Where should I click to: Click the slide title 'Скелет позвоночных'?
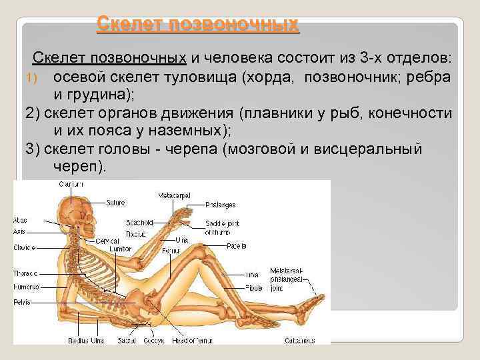pyautogui.click(x=197, y=25)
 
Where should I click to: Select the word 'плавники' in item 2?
pyautogui.click(x=276, y=113)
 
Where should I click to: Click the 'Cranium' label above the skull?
pyautogui.click(x=71, y=183)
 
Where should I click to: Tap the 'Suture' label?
pyautogui.click(x=116, y=201)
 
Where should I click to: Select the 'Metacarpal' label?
pyautogui.click(x=174, y=195)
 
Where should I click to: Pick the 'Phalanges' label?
pyautogui.click(x=221, y=205)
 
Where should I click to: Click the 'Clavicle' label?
pyautogui.click(x=25, y=247)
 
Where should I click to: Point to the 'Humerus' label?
pyautogui.click(x=26, y=287)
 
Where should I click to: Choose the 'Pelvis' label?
pyautogui.click(x=22, y=302)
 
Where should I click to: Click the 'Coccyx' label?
pyautogui.click(x=151, y=340)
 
